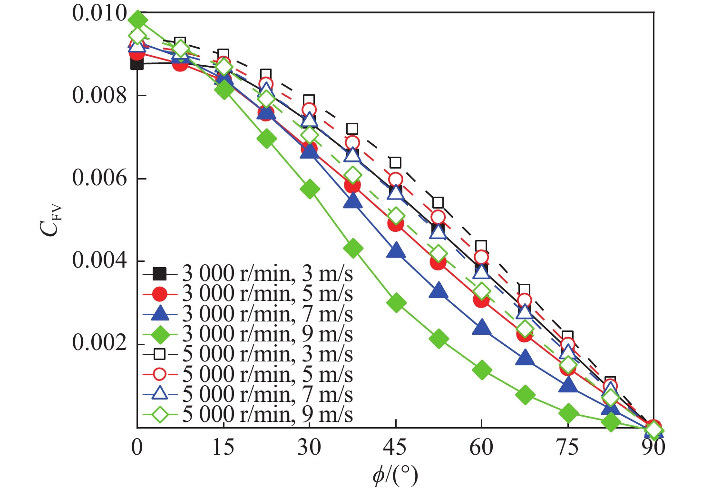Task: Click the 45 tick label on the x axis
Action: [x=395, y=448]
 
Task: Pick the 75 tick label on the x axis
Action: [x=567, y=448]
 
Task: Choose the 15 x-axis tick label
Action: [x=223, y=448]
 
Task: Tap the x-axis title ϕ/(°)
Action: [x=395, y=475]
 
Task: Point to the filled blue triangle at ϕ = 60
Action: [x=482, y=328]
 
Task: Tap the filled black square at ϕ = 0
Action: [x=137, y=63]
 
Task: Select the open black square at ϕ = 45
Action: [x=396, y=163]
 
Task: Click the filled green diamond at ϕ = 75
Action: [x=568, y=413]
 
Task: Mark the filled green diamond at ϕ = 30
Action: [x=310, y=189]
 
